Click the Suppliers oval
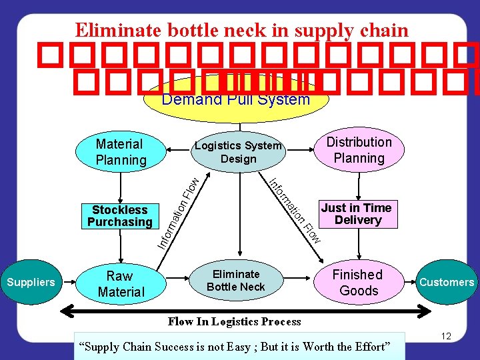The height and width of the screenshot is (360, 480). pos(31,282)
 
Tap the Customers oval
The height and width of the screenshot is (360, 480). pos(447,282)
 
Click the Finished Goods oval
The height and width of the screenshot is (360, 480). pos(357,282)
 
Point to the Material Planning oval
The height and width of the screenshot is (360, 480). pos(120,151)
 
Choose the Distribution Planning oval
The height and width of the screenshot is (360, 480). pos(359,150)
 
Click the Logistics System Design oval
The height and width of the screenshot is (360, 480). pos(238,152)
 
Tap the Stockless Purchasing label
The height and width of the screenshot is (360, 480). pos(120,216)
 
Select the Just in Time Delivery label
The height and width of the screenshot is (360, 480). pos(357,214)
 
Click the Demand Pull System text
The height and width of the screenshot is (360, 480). pos(236,100)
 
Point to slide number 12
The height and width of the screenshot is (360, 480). pos(446,336)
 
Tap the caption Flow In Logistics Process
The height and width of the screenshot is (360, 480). pos(235,322)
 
